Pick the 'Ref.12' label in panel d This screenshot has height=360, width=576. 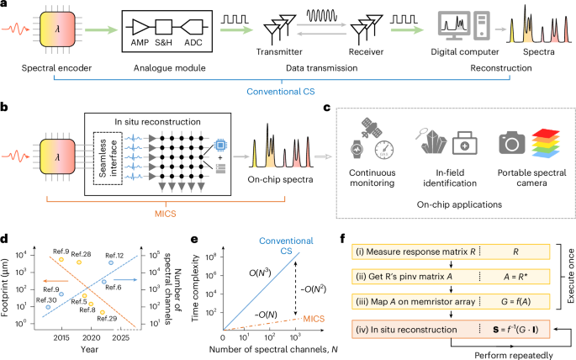[x=116, y=255]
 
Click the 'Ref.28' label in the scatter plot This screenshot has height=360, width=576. [x=81, y=253]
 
